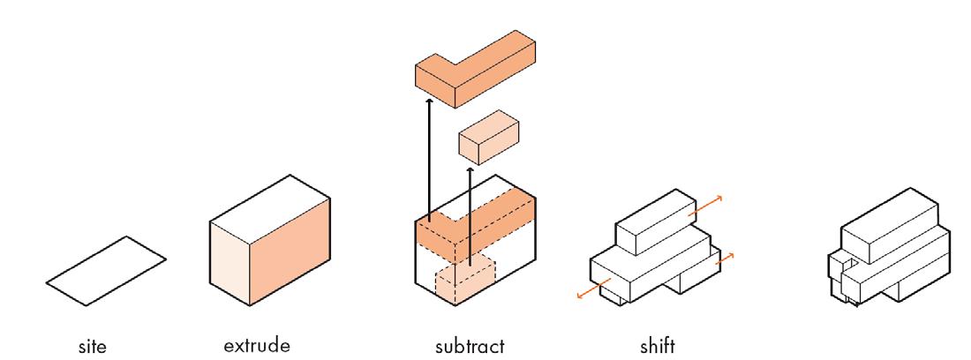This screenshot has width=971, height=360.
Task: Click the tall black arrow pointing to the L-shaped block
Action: point(428,159)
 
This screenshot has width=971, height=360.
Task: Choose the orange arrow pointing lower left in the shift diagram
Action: point(592,291)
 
